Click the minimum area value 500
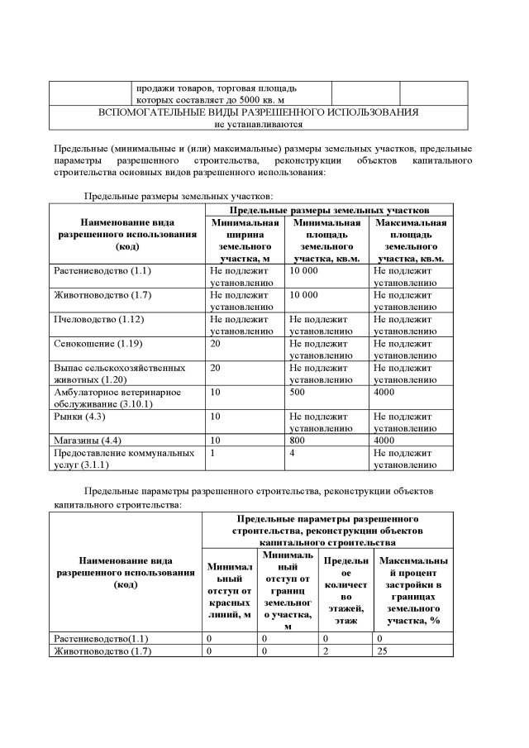click(298, 394)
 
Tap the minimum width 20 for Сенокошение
click(216, 341)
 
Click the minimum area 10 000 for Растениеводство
click(304, 271)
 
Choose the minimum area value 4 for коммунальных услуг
click(293, 453)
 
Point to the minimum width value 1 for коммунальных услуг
click(212, 453)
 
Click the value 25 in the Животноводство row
click(383, 650)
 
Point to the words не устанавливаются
click(258, 124)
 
